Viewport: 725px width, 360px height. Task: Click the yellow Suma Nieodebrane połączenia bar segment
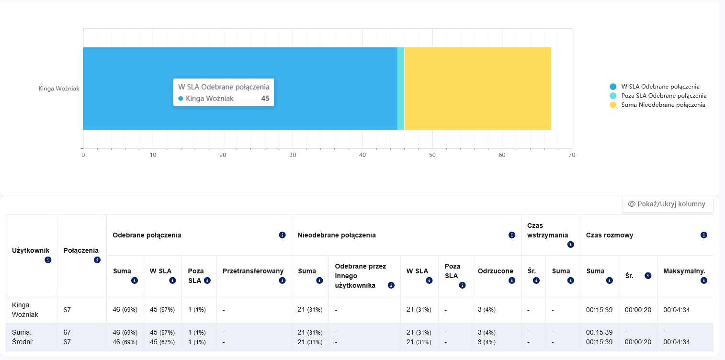coord(477,89)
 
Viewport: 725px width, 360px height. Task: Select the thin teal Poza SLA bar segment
coord(401,89)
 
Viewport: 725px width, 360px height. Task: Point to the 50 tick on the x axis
coord(432,155)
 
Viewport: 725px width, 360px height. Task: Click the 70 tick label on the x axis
coord(572,155)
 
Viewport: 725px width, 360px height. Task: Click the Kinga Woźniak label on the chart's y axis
coord(59,88)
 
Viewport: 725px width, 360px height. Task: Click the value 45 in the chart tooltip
coord(265,98)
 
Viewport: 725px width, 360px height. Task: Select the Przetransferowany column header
coord(253,271)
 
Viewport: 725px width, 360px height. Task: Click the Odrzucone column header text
coord(495,271)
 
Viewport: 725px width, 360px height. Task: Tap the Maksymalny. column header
coord(684,271)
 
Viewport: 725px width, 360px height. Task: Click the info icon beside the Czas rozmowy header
coord(703,235)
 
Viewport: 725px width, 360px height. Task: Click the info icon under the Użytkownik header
coord(48,260)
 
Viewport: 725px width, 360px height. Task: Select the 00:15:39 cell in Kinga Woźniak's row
coord(599,310)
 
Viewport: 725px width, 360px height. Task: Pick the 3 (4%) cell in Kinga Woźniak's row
coord(487,310)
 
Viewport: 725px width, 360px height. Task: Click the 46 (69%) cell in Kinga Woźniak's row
coord(125,310)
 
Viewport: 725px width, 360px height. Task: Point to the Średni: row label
coord(23,342)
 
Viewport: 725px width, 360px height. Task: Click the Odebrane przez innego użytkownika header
coord(360,276)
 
